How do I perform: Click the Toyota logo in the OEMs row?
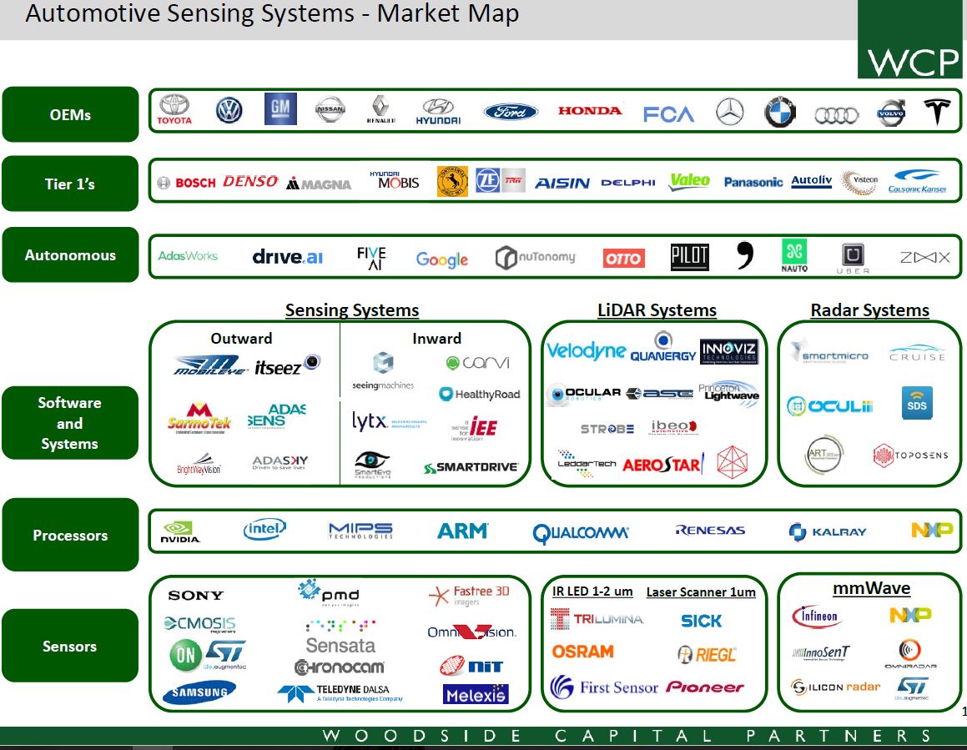tap(174, 109)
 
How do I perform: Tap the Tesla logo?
tap(937, 111)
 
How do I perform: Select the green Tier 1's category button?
tap(70, 184)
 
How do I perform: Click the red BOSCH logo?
tap(186, 183)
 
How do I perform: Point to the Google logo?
tap(441, 259)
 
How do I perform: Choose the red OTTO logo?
tap(623, 259)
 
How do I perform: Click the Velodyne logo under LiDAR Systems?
tap(586, 351)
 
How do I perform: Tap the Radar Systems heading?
tap(869, 310)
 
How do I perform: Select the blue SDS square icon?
tap(917, 403)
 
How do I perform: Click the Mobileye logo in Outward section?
tap(210, 365)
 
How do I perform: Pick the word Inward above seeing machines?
tap(436, 338)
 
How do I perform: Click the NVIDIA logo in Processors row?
tap(180, 531)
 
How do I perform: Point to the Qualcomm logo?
tap(581, 532)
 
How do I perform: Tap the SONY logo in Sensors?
tap(195, 595)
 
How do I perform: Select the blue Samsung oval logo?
tap(199, 692)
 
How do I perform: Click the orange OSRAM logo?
tap(582, 652)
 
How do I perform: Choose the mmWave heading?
tap(871, 588)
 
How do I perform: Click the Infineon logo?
tap(817, 617)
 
